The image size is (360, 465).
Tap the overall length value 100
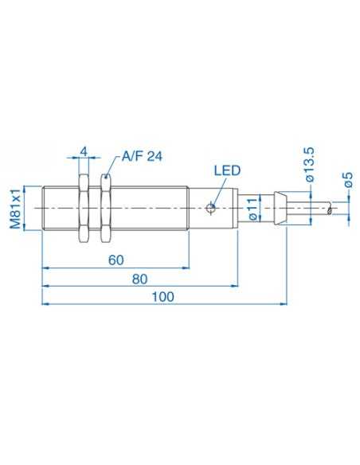(x=162, y=295)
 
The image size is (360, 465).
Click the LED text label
(x=227, y=170)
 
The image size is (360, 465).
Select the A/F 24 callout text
(x=142, y=158)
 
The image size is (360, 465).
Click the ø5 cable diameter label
(x=348, y=182)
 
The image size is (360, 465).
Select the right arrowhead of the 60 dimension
(x=184, y=268)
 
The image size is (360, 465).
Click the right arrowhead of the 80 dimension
(x=236, y=285)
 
